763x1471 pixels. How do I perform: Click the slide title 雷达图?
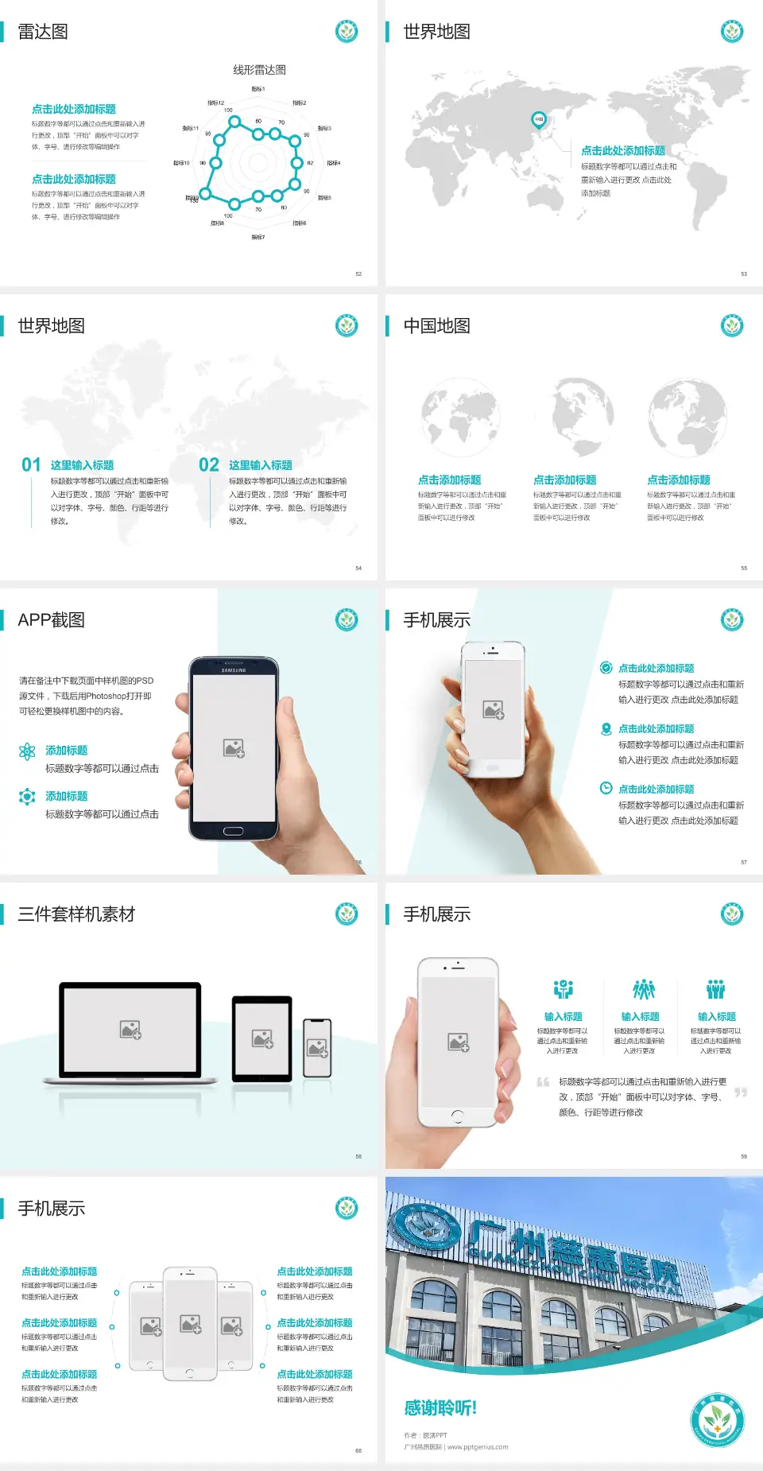(x=43, y=32)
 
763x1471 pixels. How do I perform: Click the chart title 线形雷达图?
(x=259, y=70)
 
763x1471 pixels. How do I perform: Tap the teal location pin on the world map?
(x=538, y=120)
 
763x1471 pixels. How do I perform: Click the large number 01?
(x=31, y=465)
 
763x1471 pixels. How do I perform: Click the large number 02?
(x=209, y=465)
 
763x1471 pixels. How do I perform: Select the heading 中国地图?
(x=436, y=326)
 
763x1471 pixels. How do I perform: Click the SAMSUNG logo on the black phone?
(x=233, y=670)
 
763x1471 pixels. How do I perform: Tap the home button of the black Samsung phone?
(x=233, y=831)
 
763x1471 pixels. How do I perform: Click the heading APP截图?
(x=51, y=620)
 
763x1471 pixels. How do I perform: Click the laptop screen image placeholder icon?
(x=130, y=1030)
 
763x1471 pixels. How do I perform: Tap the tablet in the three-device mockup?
(x=262, y=1038)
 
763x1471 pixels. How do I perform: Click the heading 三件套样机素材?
(x=76, y=914)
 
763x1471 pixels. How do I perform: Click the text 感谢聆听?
(x=440, y=1408)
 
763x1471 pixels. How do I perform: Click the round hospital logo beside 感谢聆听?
(x=717, y=1419)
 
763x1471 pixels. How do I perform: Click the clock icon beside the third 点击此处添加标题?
(x=606, y=788)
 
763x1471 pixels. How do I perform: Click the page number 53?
(x=744, y=274)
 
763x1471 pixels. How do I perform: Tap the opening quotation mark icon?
(x=543, y=1081)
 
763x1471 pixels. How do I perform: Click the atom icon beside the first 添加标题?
(x=27, y=751)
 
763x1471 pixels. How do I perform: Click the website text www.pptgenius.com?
(x=477, y=1447)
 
